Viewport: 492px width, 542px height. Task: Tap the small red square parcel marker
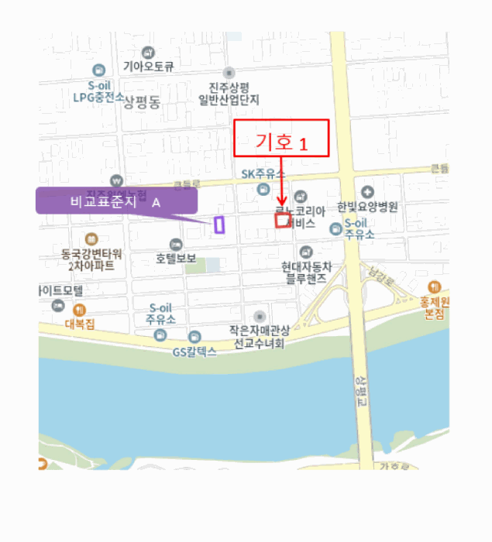(283, 220)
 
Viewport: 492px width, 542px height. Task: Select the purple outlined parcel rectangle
(219, 225)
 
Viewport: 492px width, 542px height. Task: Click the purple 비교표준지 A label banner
(116, 201)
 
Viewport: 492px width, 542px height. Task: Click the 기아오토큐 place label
(148, 67)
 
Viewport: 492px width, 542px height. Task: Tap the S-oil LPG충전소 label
(98, 92)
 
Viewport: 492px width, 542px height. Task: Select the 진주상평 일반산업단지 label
(229, 93)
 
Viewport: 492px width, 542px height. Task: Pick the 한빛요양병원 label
(367, 207)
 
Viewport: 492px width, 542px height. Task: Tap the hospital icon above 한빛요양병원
(367, 192)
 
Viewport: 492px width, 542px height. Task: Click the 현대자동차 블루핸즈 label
(306, 272)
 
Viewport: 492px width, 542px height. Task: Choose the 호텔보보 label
(176, 258)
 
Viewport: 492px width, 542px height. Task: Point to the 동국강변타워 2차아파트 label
(91, 259)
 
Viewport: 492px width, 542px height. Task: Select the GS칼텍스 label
(194, 351)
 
